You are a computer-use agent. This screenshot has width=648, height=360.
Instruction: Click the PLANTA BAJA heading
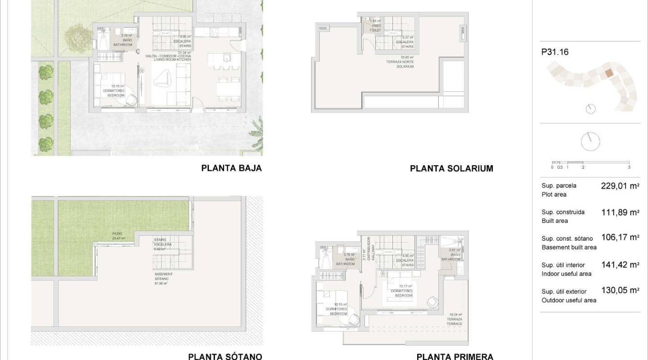(231, 168)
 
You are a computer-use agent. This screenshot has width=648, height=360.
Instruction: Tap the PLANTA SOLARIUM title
(451, 169)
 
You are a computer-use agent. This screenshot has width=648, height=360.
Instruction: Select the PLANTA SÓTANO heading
(225, 356)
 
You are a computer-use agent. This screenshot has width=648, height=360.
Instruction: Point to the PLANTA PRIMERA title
(454, 356)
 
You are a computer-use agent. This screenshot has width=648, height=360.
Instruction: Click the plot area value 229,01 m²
(620, 185)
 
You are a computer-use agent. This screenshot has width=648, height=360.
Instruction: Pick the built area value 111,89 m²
(620, 212)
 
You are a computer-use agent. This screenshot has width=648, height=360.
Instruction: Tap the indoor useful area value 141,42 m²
(620, 265)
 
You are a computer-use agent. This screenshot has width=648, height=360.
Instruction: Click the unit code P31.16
(555, 52)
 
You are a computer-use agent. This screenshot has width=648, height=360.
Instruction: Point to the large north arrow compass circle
(590, 142)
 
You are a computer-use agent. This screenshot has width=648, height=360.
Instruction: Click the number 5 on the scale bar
(629, 167)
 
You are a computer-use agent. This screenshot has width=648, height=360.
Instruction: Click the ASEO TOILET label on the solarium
(375, 28)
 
